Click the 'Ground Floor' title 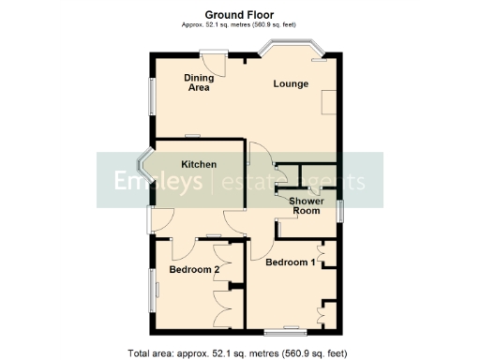239,14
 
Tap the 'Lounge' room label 291,84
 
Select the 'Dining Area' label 198,82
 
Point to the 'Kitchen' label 199,164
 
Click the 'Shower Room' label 306,206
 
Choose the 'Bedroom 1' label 290,262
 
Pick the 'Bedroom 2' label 194,270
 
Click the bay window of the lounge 292,47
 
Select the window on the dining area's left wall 150,95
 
